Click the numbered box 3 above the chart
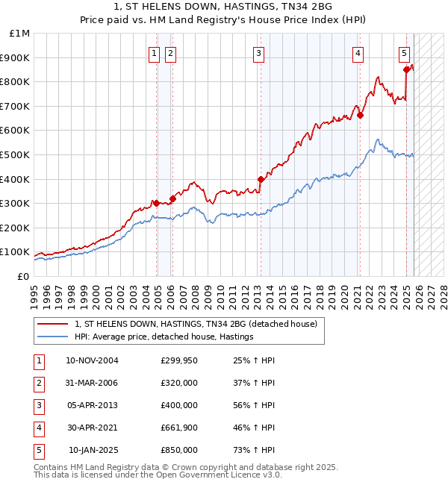coord(258,53)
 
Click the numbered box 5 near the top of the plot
coord(404,53)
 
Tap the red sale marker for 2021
coord(360,115)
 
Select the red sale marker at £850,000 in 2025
coord(407,69)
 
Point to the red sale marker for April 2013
coord(261,179)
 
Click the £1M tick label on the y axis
coord(20,34)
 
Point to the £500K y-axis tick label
coord(16,154)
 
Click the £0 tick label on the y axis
coord(23,276)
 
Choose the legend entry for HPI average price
coord(164,337)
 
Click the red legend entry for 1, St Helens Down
coord(196,324)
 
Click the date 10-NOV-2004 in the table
coord(92,360)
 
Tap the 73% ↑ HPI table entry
coord(254,450)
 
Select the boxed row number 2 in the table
coord(38,383)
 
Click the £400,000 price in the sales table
coord(179,405)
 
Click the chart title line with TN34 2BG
coord(224,7)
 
